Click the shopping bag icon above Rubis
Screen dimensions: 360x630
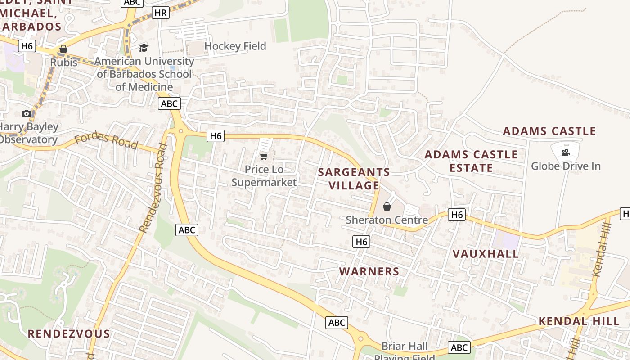point(63,49)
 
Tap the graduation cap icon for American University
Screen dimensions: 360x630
point(144,48)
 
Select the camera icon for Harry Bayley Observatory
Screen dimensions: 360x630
point(27,113)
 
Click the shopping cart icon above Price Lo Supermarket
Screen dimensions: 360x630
point(264,156)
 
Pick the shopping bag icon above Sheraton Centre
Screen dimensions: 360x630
point(387,207)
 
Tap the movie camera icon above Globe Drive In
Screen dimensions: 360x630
point(566,153)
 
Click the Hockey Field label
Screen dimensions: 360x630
point(235,46)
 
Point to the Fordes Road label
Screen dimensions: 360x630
point(106,140)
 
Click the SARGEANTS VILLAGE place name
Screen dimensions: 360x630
point(354,179)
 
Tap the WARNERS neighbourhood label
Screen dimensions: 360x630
point(369,271)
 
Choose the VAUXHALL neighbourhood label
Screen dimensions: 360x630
point(486,254)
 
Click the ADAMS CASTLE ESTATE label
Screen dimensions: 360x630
point(471,161)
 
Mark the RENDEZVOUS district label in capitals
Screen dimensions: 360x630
point(69,334)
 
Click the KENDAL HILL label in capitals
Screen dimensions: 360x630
point(579,321)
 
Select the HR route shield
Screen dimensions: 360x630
point(160,13)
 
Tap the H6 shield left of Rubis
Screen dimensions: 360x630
point(27,46)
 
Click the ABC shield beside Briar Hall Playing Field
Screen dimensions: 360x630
point(459,347)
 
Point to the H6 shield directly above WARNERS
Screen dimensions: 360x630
point(361,242)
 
